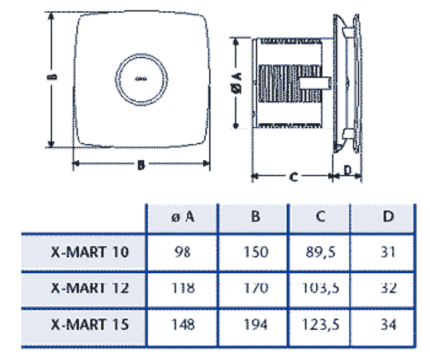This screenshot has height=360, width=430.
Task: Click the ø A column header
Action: [x=183, y=217]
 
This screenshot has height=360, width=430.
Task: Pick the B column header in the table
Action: [x=256, y=217]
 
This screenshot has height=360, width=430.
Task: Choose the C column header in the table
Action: [x=321, y=217]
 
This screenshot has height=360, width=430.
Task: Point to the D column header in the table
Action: [x=388, y=217]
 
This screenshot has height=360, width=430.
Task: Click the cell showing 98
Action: [x=183, y=252]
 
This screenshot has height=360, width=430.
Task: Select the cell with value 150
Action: [x=256, y=252]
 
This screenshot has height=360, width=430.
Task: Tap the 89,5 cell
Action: [x=321, y=252]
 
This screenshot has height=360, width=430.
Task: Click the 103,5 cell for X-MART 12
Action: [x=321, y=288]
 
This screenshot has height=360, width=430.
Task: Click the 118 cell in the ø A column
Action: [x=183, y=288]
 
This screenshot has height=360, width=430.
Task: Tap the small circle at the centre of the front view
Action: [x=141, y=78]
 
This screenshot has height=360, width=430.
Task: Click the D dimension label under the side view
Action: [x=348, y=171]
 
